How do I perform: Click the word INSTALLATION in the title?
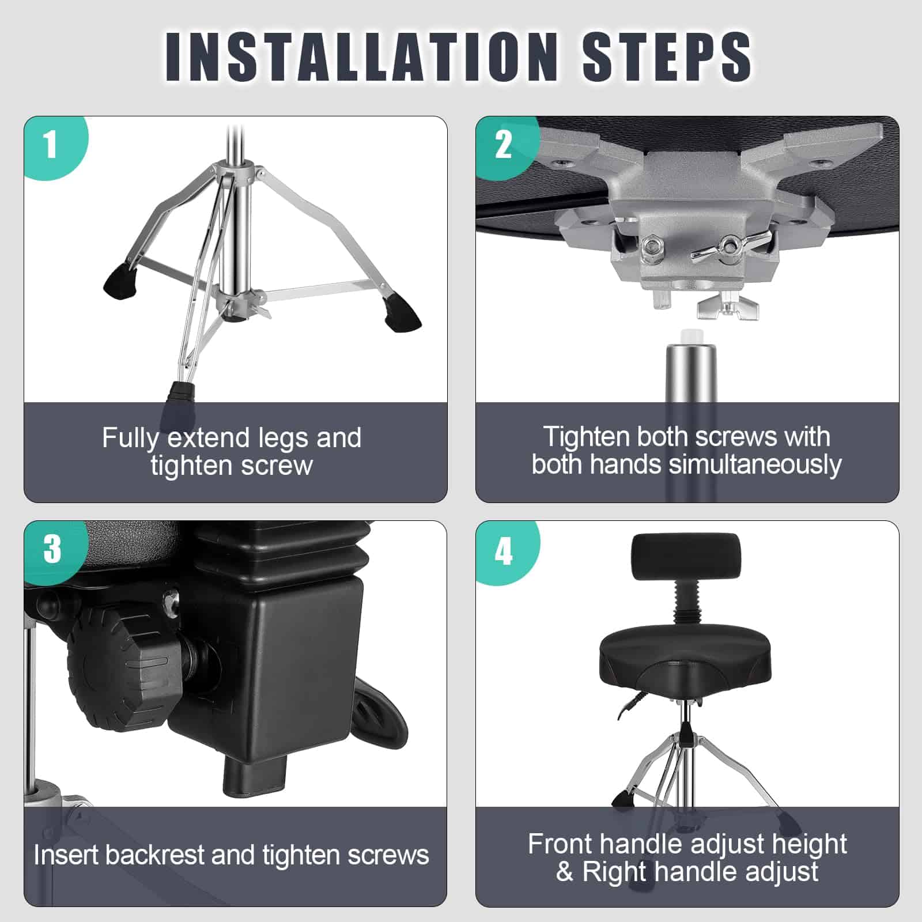(361, 56)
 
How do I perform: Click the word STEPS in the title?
(667, 56)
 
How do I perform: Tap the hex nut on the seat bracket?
(653, 247)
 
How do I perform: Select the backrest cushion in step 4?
(686, 557)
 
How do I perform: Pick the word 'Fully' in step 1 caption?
(130, 439)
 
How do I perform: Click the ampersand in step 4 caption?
(565, 871)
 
